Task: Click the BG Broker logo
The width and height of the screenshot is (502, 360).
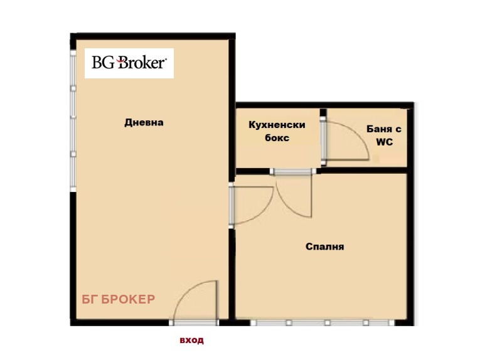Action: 129,63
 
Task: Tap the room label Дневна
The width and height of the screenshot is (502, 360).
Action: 144,122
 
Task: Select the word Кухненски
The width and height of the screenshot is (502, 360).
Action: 277,124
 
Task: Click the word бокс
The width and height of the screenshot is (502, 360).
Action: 277,138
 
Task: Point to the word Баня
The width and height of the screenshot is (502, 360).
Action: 379,129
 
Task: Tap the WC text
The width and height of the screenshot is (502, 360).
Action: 384,142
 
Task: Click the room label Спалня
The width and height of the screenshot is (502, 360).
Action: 324,246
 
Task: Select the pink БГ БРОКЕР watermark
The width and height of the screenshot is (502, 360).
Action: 119,299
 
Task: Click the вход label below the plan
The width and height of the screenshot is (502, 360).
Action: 191,340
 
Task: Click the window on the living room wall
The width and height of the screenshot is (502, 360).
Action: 73,121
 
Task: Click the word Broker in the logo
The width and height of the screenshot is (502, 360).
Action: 142,63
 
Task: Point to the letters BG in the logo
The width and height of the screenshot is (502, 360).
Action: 103,63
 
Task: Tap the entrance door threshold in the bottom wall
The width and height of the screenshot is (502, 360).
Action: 194,322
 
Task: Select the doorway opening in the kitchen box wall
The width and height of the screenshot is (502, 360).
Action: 293,171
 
